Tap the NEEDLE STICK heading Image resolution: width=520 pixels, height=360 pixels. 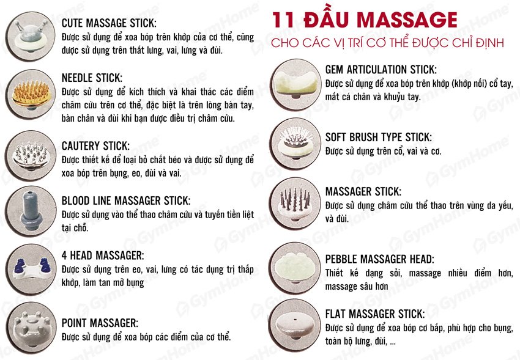(92, 78)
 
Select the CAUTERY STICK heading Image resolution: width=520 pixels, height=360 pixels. (95, 146)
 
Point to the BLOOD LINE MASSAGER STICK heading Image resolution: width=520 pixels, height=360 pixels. (126, 200)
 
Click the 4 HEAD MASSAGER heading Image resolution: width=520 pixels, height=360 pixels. (103, 255)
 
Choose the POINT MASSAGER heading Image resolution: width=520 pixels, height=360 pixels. (100, 322)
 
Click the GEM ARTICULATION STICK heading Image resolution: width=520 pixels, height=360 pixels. (380, 69)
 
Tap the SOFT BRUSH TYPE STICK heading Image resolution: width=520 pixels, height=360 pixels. (378, 137)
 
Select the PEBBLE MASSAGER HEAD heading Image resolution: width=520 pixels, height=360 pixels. (379, 259)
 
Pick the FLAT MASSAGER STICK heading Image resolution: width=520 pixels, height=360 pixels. (374, 314)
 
